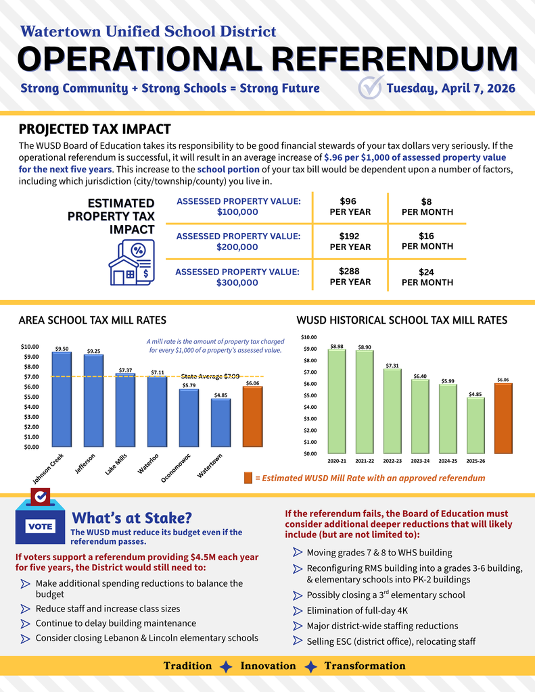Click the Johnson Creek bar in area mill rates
(x=62, y=399)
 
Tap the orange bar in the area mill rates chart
(x=252, y=416)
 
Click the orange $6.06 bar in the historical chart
(x=503, y=418)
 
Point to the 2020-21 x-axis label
(x=337, y=460)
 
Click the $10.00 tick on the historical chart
(x=308, y=337)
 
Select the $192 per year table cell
(x=350, y=241)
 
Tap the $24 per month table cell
(x=427, y=277)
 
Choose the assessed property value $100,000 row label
(x=237, y=206)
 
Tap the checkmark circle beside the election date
(x=370, y=88)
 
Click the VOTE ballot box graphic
(x=40, y=520)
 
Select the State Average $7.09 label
(x=210, y=376)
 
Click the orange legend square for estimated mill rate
(x=248, y=478)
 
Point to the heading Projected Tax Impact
(x=94, y=129)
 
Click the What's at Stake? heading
(x=132, y=518)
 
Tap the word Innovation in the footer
(x=268, y=666)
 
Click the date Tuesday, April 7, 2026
(x=450, y=89)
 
